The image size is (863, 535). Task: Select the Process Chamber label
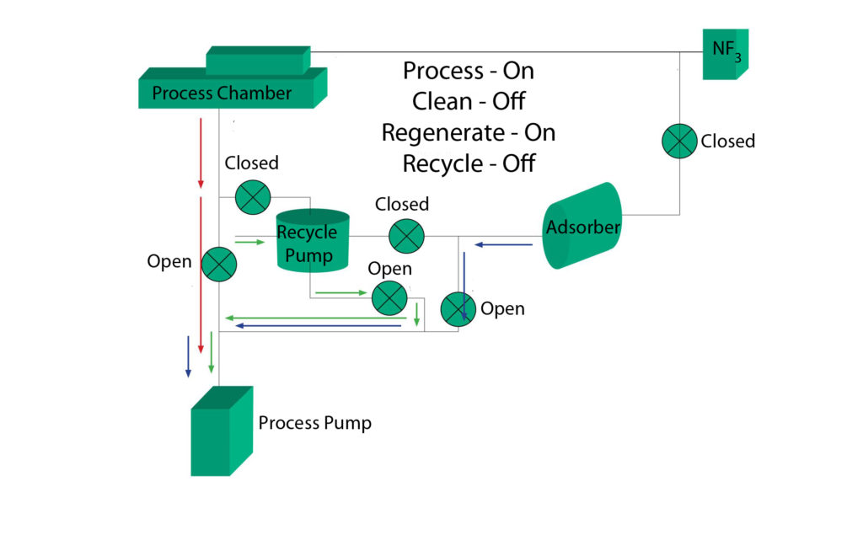pos(222,93)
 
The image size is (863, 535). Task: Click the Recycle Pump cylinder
pos(313,241)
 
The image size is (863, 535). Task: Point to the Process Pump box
pos(221,431)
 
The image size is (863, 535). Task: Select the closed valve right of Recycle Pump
pos(406,235)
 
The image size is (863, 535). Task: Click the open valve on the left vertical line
pos(218,264)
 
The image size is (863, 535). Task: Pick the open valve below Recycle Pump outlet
pos(389,297)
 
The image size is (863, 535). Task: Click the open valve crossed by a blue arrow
pos(458,308)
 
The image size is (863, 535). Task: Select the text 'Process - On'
pos(468,71)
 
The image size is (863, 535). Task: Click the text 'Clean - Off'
pos(468,101)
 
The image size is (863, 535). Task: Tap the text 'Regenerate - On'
pos(468,132)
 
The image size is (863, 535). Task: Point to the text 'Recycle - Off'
pos(468,163)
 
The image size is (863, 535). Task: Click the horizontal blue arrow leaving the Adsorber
pos(503,245)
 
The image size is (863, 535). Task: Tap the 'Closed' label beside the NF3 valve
pos(727,141)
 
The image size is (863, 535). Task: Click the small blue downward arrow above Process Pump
pos(188,356)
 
